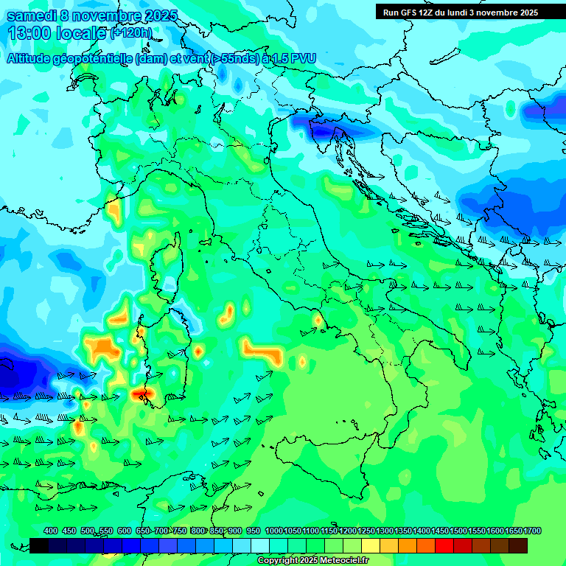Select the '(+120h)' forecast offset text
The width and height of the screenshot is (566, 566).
coord(131,33)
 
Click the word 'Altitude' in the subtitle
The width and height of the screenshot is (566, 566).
coord(35,58)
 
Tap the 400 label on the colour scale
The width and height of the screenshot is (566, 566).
coord(51,531)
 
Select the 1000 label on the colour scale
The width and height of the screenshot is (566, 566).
coord(273,531)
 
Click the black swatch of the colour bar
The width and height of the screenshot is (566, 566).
coord(39,545)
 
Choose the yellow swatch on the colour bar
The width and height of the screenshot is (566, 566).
coord(371,545)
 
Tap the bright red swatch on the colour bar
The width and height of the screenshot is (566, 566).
coord(444,545)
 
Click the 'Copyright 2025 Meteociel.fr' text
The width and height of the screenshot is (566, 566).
coord(313,561)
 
